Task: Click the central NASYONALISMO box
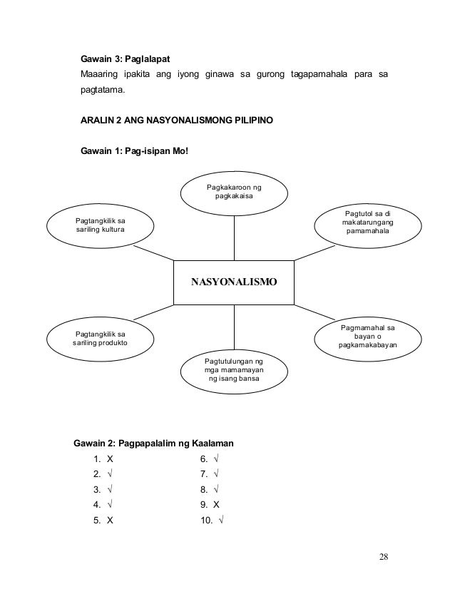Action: click(x=233, y=282)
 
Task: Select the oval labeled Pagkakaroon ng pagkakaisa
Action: click(x=233, y=191)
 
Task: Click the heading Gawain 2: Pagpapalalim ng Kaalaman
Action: click(x=155, y=444)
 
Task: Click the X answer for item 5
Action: click(x=109, y=520)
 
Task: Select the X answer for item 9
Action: click(x=216, y=505)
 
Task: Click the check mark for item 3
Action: click(x=109, y=489)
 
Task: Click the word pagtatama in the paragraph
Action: click(x=101, y=92)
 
